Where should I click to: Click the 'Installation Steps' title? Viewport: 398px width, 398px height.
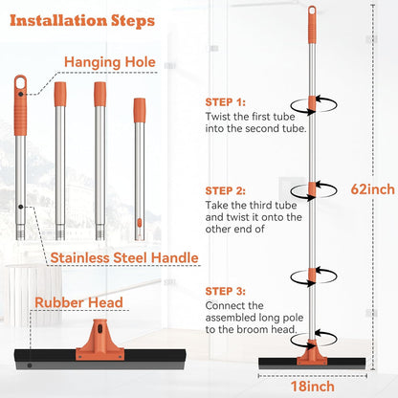click(82, 21)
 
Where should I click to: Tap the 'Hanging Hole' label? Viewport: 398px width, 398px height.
click(110, 62)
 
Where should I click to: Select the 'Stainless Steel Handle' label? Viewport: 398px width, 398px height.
click(124, 257)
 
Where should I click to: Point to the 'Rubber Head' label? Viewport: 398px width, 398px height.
click(78, 302)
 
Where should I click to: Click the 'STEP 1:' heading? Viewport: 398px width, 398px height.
click(226, 102)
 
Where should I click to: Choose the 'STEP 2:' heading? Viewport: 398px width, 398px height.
click(226, 190)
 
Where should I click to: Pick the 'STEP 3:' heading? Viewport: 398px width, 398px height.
click(226, 291)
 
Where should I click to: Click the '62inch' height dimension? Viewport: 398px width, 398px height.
click(372, 189)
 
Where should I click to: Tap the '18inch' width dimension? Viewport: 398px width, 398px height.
click(313, 387)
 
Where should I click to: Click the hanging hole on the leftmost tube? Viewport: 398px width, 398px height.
click(20, 82)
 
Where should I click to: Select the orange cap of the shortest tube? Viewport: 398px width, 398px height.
click(140, 110)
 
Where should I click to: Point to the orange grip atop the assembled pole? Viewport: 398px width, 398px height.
click(312, 25)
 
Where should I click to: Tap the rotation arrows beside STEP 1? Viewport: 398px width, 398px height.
click(314, 104)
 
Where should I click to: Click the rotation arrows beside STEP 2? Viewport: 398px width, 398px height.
click(314, 190)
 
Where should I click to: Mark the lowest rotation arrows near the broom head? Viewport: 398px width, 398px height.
click(314, 339)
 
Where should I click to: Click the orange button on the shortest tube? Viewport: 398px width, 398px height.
click(139, 223)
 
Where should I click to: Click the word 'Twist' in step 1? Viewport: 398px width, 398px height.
click(218, 117)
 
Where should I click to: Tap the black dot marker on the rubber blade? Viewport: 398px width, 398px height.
click(30, 365)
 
